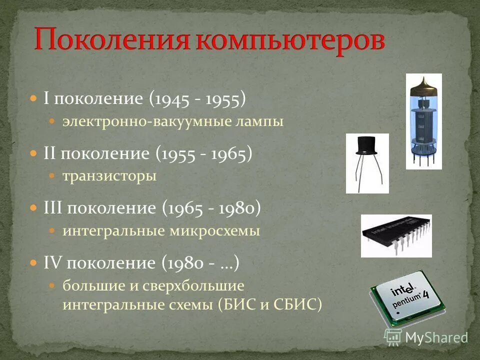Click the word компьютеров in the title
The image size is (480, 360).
[x=290, y=40]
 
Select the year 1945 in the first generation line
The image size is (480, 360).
[x=171, y=99]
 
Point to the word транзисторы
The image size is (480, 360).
[x=109, y=176]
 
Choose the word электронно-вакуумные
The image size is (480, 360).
[x=147, y=121]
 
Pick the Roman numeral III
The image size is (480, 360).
[x=53, y=208]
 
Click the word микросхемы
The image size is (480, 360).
[x=221, y=231]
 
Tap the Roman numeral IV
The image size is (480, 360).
[x=52, y=263]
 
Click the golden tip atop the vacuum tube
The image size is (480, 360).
[x=423, y=81]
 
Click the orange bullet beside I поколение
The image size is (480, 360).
[x=33, y=99]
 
